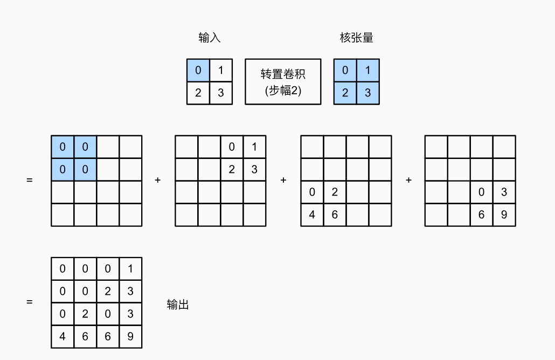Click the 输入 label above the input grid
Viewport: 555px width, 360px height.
pos(210,38)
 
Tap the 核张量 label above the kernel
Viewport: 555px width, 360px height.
pos(356,38)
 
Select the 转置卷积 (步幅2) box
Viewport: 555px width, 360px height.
pos(283,81)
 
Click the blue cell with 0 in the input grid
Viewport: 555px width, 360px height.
pos(198,70)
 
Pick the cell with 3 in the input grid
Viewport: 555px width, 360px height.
pos(221,93)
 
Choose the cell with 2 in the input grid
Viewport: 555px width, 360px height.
pos(198,93)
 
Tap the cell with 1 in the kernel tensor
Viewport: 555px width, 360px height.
pos(367,70)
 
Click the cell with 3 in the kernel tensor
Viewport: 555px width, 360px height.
pos(367,93)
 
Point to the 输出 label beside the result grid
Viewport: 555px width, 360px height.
pos(178,305)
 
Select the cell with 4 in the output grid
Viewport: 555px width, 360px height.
pos(63,337)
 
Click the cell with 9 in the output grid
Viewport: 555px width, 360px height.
pos(130,337)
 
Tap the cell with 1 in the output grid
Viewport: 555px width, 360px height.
pos(130,269)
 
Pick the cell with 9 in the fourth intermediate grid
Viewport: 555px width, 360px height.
pos(504,214)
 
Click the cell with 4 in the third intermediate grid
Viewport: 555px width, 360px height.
pos(312,214)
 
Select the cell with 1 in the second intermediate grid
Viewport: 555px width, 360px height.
pos(254,147)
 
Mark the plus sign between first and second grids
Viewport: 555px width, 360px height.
pos(158,180)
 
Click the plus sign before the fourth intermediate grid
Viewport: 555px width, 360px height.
pos(409,180)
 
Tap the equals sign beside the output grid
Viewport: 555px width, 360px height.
pos(29,302)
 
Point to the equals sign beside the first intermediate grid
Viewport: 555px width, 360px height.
pos(29,180)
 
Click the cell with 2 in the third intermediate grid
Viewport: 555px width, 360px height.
pos(335,192)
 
